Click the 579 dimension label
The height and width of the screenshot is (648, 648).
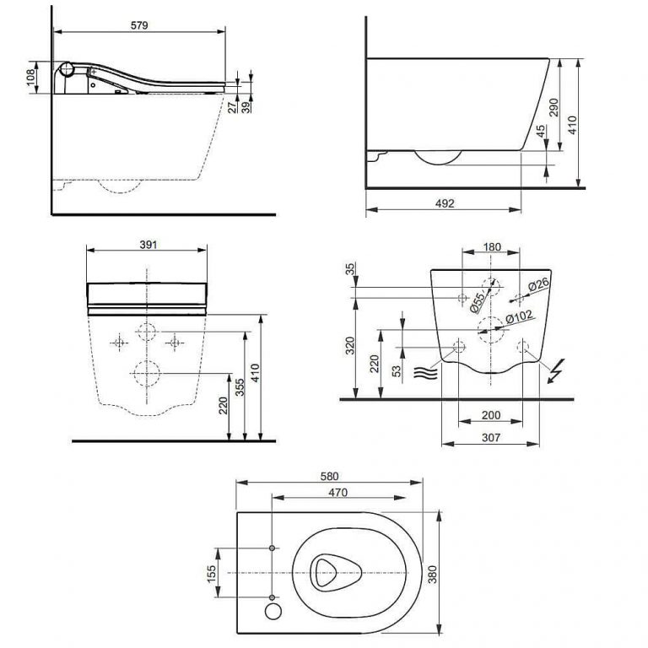(x=139, y=25)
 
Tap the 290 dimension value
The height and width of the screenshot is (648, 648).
(x=553, y=106)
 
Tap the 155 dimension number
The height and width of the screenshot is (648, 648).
(x=211, y=573)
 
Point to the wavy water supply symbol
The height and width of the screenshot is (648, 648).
(x=424, y=372)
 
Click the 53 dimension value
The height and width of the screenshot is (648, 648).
(x=396, y=371)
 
